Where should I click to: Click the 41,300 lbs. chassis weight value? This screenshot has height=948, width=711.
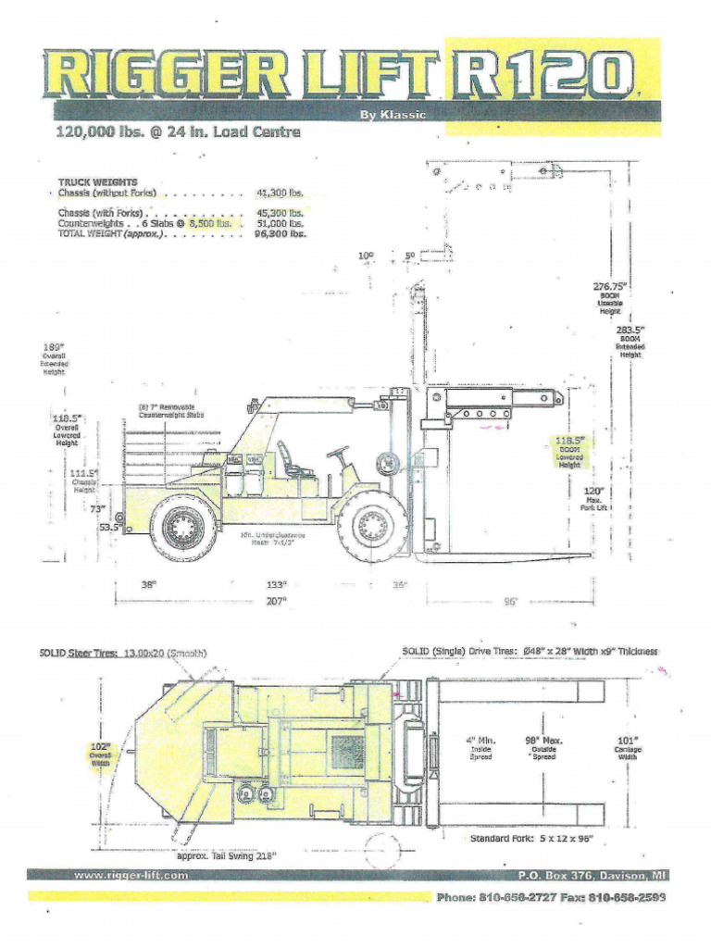(279, 193)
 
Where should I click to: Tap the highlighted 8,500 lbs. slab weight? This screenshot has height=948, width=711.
(209, 223)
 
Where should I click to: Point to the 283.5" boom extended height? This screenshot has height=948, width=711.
(630, 330)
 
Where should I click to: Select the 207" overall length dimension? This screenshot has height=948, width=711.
(275, 601)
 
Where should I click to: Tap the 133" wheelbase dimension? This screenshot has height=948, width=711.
(276, 584)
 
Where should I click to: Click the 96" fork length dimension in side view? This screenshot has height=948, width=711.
(510, 601)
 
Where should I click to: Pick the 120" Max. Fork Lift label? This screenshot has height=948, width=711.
(592, 492)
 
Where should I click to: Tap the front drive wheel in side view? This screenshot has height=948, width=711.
(372, 528)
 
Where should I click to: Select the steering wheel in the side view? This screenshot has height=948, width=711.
(339, 453)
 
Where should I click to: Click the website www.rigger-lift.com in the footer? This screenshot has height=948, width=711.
(131, 875)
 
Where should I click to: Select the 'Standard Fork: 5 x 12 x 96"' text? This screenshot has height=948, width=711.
(530, 839)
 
